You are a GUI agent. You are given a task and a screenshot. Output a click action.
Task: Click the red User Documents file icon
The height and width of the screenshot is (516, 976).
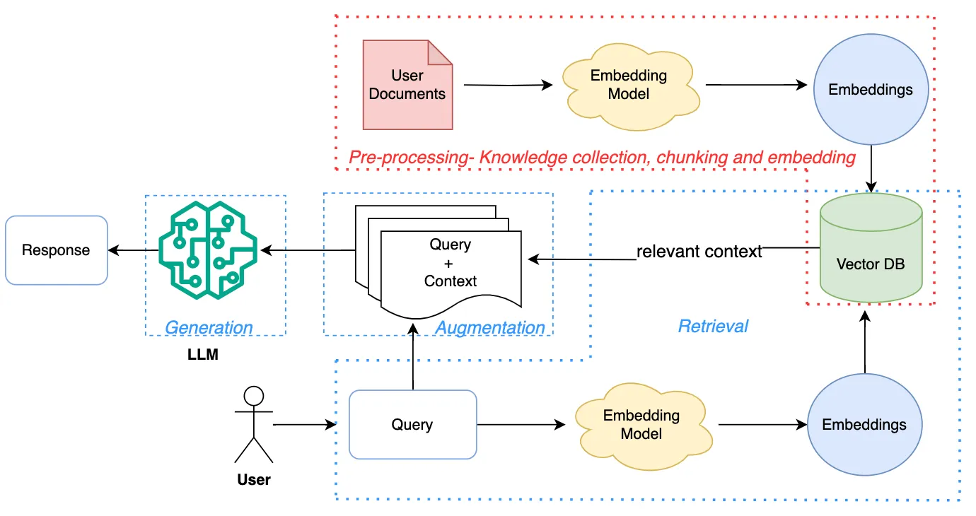coord(407,85)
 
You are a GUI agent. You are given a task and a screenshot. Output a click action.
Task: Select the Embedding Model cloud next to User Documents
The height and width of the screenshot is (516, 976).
coord(628,85)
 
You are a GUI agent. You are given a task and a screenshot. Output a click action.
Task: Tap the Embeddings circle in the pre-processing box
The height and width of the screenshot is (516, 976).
coord(870,90)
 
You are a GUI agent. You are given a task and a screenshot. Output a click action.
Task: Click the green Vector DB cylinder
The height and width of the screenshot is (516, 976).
coord(870,247)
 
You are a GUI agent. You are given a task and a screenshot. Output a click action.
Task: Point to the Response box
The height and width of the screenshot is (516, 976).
coord(56,250)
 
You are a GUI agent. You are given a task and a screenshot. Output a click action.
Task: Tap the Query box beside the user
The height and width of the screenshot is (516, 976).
coord(412,425)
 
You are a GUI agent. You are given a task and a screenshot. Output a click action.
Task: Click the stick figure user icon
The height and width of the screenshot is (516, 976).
coord(253,424)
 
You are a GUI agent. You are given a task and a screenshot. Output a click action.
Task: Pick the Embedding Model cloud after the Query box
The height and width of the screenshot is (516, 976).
coord(641,425)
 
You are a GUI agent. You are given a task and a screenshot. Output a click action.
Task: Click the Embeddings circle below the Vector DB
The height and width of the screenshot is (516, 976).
coord(864,425)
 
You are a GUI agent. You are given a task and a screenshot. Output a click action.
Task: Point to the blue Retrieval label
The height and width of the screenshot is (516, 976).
coord(713,326)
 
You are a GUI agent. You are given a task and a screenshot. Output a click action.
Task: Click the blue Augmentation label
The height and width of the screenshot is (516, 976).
coord(489,328)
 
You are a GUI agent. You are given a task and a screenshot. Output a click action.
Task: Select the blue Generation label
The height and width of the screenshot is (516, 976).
coord(209,328)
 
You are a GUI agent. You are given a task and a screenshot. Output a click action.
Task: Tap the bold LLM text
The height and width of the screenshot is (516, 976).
coord(202,355)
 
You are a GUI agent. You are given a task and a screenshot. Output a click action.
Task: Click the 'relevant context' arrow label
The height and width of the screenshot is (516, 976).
coord(699,252)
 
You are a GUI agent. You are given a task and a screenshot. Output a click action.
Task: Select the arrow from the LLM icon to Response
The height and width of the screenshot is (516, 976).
coord(133,250)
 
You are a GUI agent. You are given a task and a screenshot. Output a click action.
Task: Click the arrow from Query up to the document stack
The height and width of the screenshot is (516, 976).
coord(412,357)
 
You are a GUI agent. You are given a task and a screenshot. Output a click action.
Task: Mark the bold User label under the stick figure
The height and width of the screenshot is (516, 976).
coord(253,480)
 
